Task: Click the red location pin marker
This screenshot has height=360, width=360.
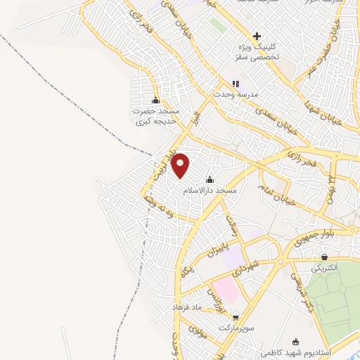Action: coord(181,165)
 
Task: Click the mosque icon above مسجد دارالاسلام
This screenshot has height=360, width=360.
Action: coord(210,180)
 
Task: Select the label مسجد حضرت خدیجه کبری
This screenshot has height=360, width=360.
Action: coord(155,117)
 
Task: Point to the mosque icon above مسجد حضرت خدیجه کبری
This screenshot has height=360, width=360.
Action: coord(155,100)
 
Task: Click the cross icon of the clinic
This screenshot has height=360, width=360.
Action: coord(257,36)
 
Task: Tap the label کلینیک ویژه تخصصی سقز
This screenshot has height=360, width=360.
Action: coord(257,51)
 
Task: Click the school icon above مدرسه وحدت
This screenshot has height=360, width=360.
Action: coord(236,83)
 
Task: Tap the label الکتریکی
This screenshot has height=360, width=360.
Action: coord(323,268)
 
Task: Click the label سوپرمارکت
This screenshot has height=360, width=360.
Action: coord(235,328)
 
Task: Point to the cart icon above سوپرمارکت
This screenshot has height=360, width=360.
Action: coord(236,317)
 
